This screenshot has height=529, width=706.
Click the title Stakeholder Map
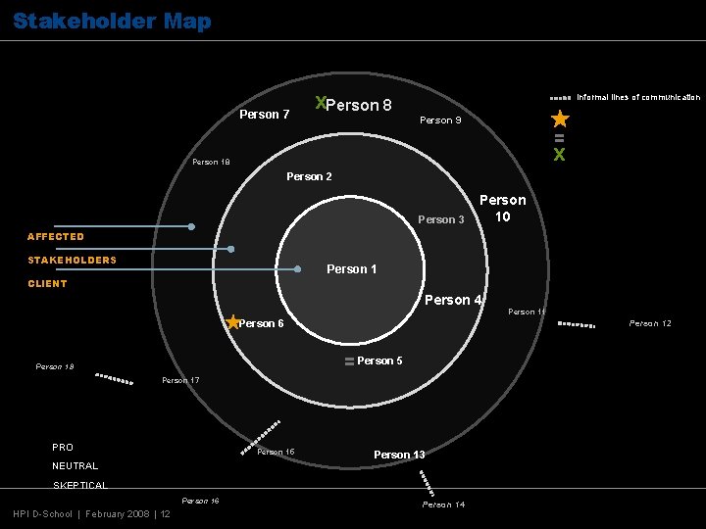tap(112, 21)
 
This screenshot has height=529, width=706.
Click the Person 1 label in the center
tap(351, 269)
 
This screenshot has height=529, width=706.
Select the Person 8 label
tap(359, 105)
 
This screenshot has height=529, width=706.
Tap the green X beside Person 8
tap(320, 102)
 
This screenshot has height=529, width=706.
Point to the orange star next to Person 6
tap(232, 322)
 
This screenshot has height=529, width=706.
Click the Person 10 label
tap(502, 208)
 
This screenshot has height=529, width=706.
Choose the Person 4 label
tap(452, 300)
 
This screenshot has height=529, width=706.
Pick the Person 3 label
tap(440, 219)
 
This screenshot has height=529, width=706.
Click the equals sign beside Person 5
tap(349, 361)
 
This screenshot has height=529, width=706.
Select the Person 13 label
tap(399, 455)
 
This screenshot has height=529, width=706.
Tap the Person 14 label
tap(443, 505)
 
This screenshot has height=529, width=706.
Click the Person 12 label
tap(650, 323)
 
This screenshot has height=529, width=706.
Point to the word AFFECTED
tap(56, 237)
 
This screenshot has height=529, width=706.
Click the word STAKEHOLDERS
tap(72, 261)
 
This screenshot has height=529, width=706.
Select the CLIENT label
tap(47, 284)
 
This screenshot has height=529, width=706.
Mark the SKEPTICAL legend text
tap(79, 485)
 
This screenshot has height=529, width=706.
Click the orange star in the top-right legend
tap(559, 120)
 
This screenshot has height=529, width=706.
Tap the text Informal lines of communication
tap(638, 97)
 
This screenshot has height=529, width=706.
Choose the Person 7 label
tap(265, 115)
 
